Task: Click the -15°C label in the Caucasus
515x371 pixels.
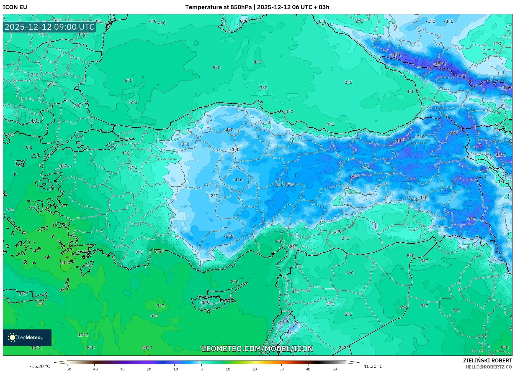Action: (439, 64)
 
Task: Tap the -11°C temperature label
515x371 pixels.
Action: (504, 88)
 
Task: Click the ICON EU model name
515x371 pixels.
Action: (15, 7)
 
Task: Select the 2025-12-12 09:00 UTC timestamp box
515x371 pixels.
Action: (50, 27)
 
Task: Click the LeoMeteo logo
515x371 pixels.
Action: (27, 337)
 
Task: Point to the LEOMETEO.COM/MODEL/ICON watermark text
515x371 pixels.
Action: (257, 349)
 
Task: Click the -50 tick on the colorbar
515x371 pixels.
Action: (68, 369)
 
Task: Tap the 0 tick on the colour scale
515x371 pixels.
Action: (201, 369)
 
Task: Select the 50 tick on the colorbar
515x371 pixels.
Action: (334, 369)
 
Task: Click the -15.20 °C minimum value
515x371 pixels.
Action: (40, 366)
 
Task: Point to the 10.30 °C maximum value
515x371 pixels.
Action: (373, 366)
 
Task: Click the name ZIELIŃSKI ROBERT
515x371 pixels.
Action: (487, 360)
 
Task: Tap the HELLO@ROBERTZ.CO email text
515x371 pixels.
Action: (489, 367)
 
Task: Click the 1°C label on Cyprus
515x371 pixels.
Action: (206, 302)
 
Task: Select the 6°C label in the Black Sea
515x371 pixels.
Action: (128, 80)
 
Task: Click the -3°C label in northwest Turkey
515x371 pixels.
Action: (185, 144)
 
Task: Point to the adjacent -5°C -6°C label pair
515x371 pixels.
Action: (284, 185)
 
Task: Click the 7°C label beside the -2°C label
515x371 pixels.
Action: (279, 242)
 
